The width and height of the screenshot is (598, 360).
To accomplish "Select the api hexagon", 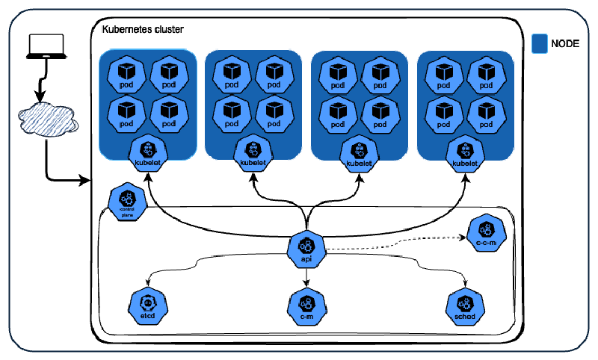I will coord(306,248).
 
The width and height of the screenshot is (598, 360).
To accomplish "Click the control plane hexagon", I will coord(125,201).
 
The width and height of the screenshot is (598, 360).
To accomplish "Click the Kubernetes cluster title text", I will coord(143,28).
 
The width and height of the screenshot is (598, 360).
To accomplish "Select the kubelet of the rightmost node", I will coord(465,152).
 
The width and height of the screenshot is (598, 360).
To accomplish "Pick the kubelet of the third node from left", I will coord(360,152).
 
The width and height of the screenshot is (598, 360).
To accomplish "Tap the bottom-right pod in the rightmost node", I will coord(486,113).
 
